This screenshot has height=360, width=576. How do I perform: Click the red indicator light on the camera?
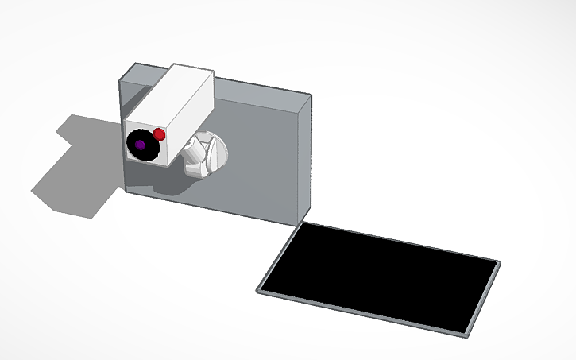(x=160, y=134)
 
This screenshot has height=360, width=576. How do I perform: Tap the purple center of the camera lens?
(x=140, y=145)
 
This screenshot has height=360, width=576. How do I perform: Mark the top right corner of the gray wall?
(x=311, y=95)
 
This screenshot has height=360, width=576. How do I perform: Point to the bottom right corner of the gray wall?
(x=303, y=222)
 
